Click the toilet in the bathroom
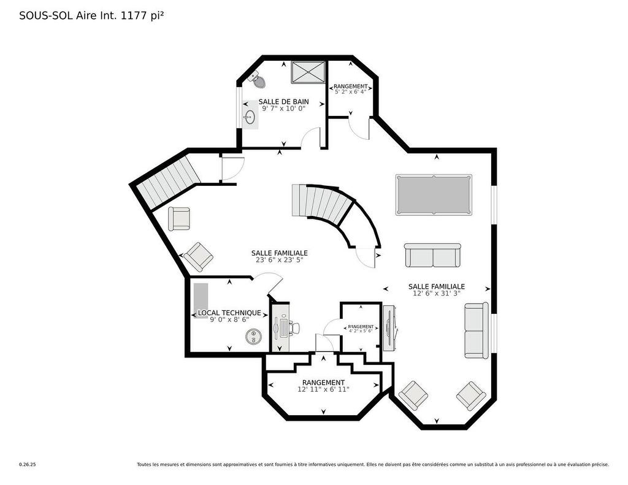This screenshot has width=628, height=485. [x=257, y=80]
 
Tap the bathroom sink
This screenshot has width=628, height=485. [x=250, y=116]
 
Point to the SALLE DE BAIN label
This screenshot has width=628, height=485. [x=283, y=102]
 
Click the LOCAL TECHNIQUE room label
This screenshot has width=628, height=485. [x=229, y=313]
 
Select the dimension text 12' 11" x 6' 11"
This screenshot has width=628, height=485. [x=323, y=389]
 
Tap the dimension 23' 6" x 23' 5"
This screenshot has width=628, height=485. [x=279, y=260]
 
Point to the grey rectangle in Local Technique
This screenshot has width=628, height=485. [x=201, y=297]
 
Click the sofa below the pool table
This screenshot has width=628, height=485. [x=432, y=255]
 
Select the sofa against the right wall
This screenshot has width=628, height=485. [x=477, y=330]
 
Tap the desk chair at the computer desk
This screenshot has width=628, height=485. [x=295, y=329]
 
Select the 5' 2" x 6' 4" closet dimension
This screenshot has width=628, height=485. [x=350, y=92]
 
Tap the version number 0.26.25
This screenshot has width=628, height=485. [x=27, y=465]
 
